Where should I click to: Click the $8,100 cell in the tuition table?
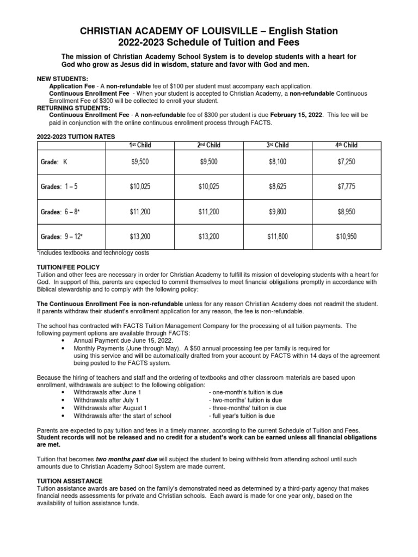[x=277, y=162]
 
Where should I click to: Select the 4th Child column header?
[x=346, y=145]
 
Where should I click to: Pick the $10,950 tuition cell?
[x=346, y=237]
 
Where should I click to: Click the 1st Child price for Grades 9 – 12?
[x=139, y=237]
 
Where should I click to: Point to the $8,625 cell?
[x=277, y=187]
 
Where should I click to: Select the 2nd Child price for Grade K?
[x=208, y=162]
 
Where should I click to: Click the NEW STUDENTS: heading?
[x=58, y=79]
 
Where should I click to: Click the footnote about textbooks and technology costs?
[x=93, y=253]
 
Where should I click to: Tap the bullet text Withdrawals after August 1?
[x=110, y=407]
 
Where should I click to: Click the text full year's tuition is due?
[x=242, y=416]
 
